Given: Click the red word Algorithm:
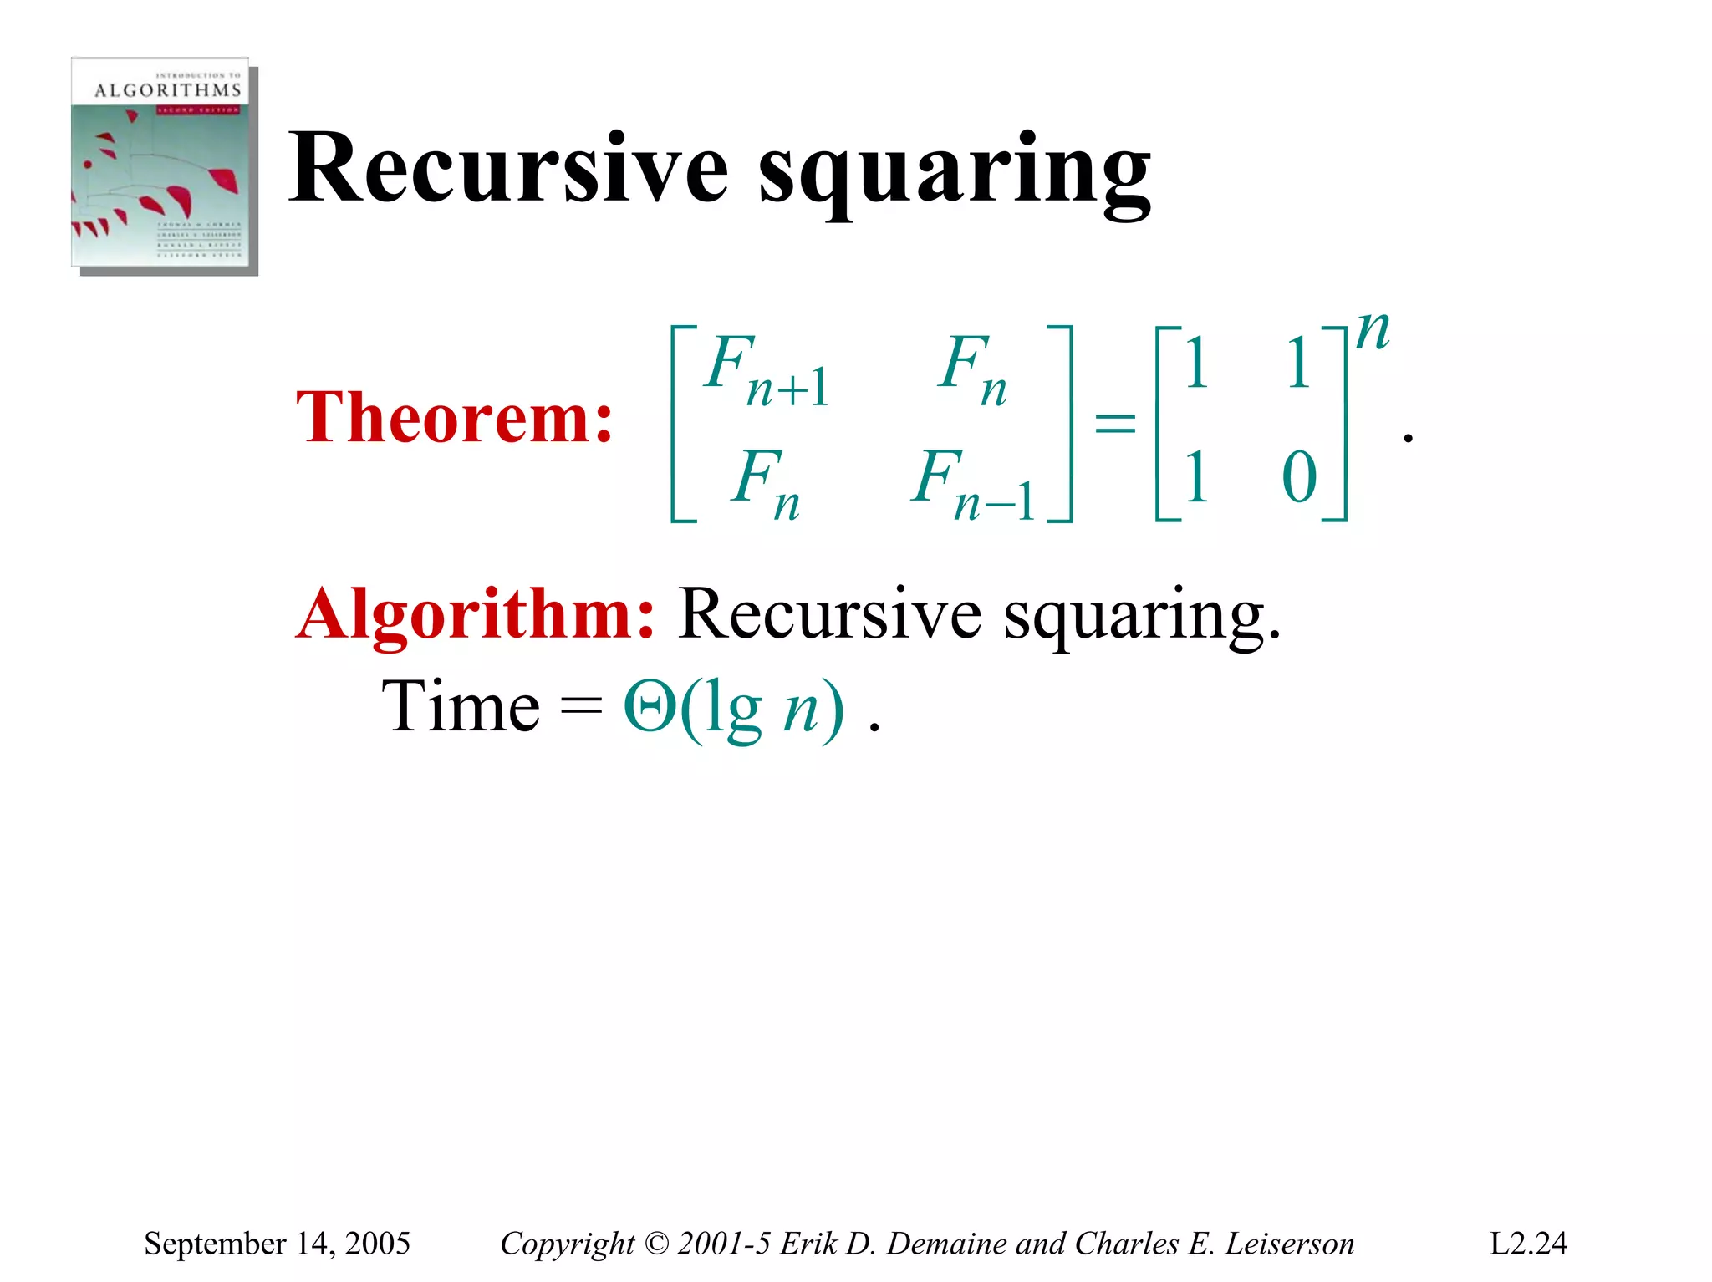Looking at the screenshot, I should tap(476, 614).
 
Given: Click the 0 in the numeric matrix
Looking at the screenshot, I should tap(1298, 478).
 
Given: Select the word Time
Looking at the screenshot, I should tap(461, 707).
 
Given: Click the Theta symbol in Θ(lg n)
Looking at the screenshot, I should tap(650, 707).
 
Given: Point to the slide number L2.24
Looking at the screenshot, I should tap(1528, 1243).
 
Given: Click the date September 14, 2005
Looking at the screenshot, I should tap(277, 1243).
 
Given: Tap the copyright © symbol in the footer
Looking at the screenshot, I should tap(657, 1244).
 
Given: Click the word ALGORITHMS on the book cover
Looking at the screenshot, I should tap(167, 90).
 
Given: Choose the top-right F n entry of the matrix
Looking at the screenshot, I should tap(972, 369).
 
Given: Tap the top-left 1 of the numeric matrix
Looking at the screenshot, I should tap(1196, 364).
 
